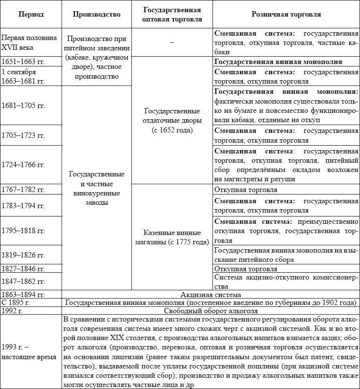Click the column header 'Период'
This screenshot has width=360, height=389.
[x=31, y=15]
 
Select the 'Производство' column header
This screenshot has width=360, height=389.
[x=96, y=15]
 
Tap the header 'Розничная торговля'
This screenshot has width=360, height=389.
[x=286, y=15]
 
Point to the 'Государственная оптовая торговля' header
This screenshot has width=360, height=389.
[x=172, y=15]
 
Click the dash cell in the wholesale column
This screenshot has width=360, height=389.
[x=172, y=43]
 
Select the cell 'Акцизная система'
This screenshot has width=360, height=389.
[x=211, y=295]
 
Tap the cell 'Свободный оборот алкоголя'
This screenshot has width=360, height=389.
[x=211, y=310]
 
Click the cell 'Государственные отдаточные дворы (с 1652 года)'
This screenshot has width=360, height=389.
[x=172, y=121]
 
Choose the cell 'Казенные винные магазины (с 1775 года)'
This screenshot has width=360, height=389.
[x=172, y=237]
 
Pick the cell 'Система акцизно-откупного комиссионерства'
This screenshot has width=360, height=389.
[x=286, y=281]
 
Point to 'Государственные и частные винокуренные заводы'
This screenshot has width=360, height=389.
[x=96, y=188]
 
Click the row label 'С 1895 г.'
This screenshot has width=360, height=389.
[x=15, y=303]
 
